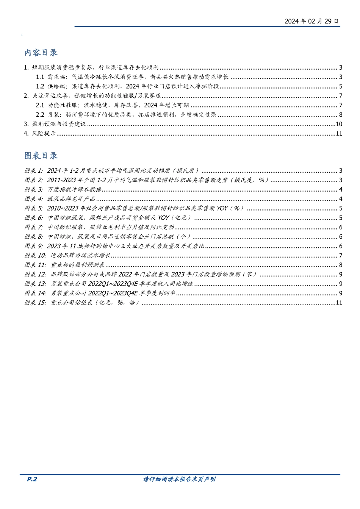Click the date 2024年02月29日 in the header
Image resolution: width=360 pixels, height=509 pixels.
pyautogui.click(x=311, y=21)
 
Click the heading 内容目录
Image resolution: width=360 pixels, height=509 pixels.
pyautogui.click(x=41, y=53)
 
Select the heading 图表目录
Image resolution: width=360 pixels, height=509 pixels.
pyautogui.click(x=41, y=156)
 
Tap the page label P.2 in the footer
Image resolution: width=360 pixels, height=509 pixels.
pyautogui.click(x=32, y=479)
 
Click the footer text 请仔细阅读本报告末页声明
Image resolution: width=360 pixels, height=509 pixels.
pyautogui.click(x=179, y=479)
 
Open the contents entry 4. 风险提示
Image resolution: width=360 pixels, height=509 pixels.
pyautogui.click(x=40, y=133)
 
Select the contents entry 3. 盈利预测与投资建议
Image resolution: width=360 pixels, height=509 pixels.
pyautogui.click(x=55, y=124)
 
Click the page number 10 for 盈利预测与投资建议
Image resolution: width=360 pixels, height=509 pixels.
pyautogui.click(x=339, y=124)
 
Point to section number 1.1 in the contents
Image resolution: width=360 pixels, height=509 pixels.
pyautogui.click(x=40, y=77)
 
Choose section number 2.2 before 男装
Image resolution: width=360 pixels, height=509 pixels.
pyautogui.click(x=40, y=114)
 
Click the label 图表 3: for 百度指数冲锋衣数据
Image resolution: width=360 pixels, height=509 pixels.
pyautogui.click(x=34, y=189)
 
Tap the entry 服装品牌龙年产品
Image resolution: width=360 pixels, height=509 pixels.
pyautogui.click(x=71, y=199)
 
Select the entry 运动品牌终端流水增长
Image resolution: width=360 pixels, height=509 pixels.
pyautogui.click(x=80, y=256)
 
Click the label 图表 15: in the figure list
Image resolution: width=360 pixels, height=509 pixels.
pyautogui.click(x=35, y=303)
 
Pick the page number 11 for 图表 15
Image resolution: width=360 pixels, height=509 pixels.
pyautogui.click(x=339, y=303)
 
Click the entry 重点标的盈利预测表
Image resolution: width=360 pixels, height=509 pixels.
pyautogui.click(x=77, y=265)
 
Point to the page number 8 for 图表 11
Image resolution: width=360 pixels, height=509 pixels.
pyautogui.click(x=341, y=265)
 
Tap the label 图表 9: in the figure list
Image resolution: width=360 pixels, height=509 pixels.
pyautogui.click(x=34, y=246)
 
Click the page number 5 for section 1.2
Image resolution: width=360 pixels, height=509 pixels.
pyautogui.click(x=341, y=86)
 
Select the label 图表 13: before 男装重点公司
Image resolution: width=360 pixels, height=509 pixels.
pyautogui.click(x=35, y=284)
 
